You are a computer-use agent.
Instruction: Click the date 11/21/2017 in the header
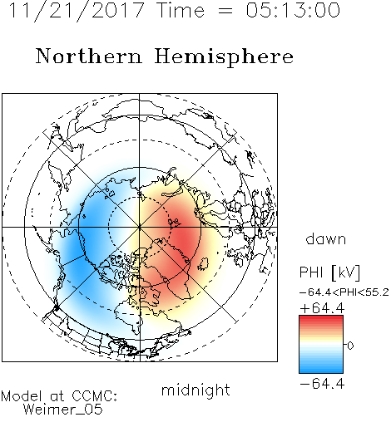click(77, 11)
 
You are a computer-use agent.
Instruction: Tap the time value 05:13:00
click(293, 10)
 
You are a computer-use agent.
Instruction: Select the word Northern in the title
click(89, 56)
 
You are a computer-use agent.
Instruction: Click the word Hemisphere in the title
click(224, 57)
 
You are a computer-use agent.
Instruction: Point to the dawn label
click(326, 239)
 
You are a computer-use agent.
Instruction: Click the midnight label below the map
click(195, 390)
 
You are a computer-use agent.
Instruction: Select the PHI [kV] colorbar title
click(330, 272)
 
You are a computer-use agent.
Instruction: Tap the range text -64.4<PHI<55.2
click(344, 292)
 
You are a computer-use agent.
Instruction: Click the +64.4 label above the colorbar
click(322, 308)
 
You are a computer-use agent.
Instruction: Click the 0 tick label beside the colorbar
click(350, 346)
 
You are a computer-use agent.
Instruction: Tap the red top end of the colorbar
click(321, 319)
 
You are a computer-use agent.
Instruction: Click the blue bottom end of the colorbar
click(321, 370)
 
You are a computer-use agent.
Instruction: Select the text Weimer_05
click(63, 409)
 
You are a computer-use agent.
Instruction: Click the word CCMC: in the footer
click(94, 396)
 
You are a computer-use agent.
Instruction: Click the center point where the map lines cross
click(140, 227)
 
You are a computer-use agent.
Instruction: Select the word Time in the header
click(181, 10)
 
